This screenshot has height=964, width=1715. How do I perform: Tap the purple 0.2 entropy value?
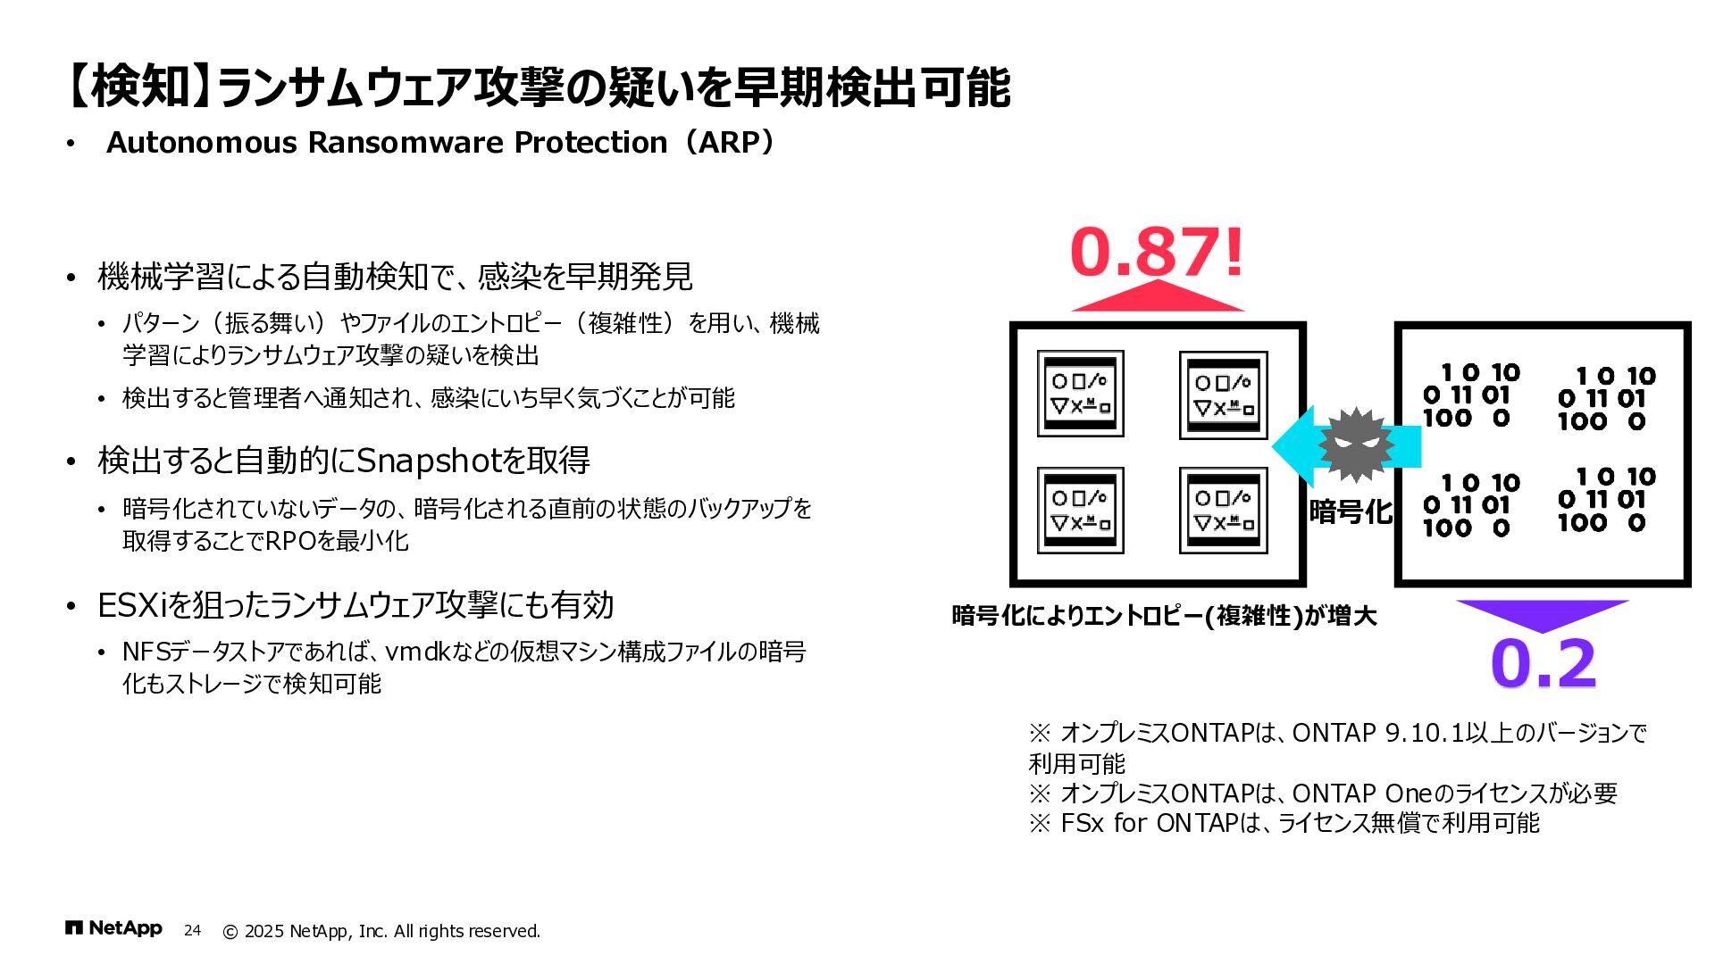1543,663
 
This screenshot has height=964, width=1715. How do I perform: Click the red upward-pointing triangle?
1158,297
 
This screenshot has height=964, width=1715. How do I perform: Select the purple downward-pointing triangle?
1543,613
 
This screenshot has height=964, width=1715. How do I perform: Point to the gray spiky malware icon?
1355,445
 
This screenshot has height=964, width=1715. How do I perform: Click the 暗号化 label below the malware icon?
1351,511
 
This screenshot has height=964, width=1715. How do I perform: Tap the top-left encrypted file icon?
1080,394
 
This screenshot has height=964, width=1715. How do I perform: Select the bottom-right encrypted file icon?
1223,511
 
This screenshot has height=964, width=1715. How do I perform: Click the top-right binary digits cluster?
1606,398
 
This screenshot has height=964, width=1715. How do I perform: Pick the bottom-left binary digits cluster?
1471,505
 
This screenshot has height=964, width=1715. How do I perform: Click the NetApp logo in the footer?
113,929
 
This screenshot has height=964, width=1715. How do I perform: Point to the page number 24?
192,931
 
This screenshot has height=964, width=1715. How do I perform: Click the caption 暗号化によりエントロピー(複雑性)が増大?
1164,616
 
